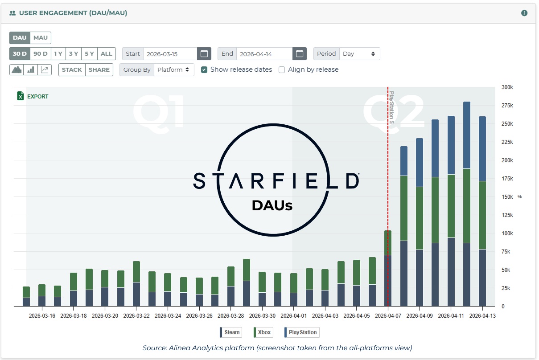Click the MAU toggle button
pyautogui.click(x=41, y=38)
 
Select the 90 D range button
pyautogui.click(x=41, y=54)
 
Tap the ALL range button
pyautogui.click(x=107, y=54)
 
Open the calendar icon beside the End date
pyautogui.click(x=300, y=54)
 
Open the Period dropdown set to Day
pyautogui.click(x=359, y=54)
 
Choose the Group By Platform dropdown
pyautogui.click(x=174, y=70)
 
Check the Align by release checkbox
pyautogui.click(x=282, y=70)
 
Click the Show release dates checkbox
pyautogui.click(x=204, y=70)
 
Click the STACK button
pyautogui.click(x=72, y=70)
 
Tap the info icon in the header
pyautogui.click(x=524, y=13)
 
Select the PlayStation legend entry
pyautogui.click(x=302, y=332)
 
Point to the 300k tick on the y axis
pyautogui.click(x=507, y=87)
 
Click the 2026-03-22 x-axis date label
pyautogui.click(x=136, y=316)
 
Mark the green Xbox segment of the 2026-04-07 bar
pyautogui.click(x=388, y=243)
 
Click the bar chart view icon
pyautogui.click(x=31, y=70)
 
